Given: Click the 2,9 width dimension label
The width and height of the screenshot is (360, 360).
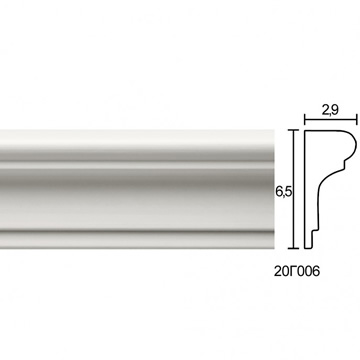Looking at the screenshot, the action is [330, 110].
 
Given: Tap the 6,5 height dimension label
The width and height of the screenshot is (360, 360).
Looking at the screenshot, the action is [284, 192].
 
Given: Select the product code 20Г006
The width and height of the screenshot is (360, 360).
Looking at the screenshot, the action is [297, 272].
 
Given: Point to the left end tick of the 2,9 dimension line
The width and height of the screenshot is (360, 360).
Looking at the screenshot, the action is [305, 119].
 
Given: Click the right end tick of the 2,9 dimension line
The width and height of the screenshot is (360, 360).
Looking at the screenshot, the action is [357, 119].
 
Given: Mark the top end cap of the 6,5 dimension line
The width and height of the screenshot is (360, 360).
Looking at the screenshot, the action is [293, 130].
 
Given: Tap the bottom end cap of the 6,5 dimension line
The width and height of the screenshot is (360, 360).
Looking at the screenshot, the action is [293, 248].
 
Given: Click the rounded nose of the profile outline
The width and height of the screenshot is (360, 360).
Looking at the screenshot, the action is [354, 145].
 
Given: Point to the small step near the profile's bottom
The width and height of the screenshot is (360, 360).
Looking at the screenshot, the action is [314, 232].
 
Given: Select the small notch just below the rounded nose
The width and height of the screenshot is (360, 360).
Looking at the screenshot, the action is [344, 165].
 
